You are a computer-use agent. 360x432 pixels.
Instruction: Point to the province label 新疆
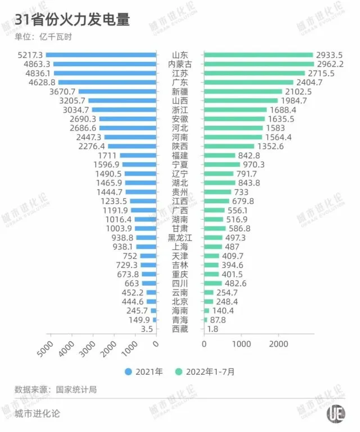pos(180,91)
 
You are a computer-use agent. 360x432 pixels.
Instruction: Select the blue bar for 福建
pos(138,155)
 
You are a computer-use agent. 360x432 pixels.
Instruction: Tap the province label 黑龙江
pos(180,238)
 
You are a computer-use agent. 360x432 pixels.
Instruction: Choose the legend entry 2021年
pos(144,371)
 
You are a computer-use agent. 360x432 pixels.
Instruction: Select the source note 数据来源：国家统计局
pos(56,389)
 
